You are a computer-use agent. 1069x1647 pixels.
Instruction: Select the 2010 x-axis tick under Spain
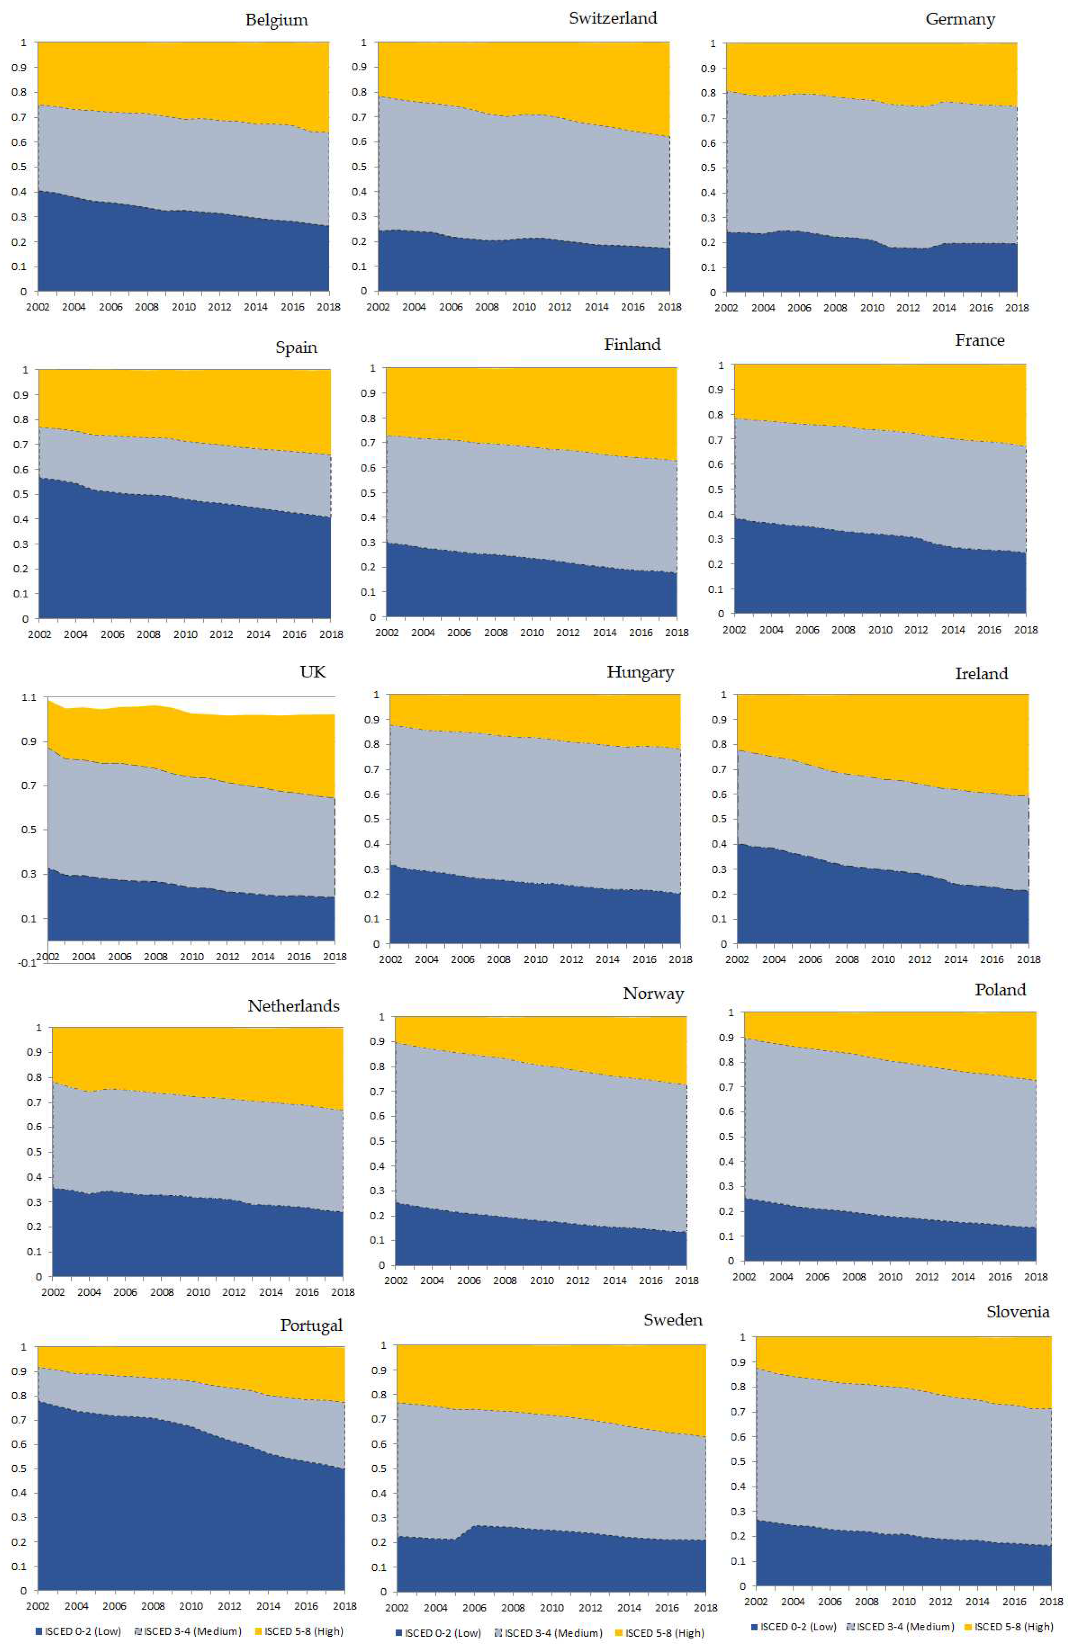[185, 634]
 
